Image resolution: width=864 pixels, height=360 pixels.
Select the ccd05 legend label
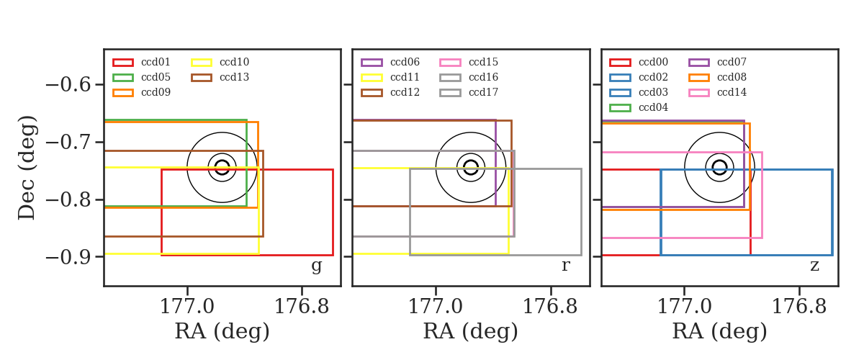pos(156,77)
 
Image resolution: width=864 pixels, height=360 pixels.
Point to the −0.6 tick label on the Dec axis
pos(68,84)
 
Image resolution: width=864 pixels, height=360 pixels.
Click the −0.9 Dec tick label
pos(68,257)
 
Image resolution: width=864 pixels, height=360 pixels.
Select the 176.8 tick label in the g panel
pos(301,307)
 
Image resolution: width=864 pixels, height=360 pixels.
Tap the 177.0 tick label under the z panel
pos(684,307)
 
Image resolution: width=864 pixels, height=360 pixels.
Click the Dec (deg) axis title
pos(27,168)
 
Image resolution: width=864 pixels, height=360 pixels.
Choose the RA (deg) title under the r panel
pos(471,331)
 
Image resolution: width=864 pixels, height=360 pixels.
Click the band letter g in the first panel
pos(316,266)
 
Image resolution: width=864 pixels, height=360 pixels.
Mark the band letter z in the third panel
pos(814,266)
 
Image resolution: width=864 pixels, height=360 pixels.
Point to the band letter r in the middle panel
pos(565,266)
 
